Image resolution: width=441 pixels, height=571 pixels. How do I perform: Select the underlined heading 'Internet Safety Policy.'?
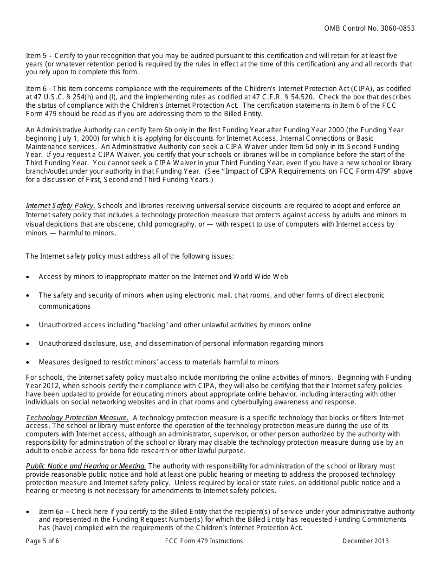pos(61,206)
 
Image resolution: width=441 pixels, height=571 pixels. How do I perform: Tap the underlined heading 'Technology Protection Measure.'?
pos(77,418)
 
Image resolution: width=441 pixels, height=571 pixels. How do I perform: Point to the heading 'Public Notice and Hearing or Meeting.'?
pos(86,466)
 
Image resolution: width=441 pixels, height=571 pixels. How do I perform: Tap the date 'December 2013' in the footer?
pos(366,541)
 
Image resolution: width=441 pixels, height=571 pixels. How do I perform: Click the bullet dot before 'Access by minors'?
pos(28,277)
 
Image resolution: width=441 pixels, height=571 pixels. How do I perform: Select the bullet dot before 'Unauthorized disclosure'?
pos(28,344)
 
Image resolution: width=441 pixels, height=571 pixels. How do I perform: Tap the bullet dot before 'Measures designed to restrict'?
pos(28,363)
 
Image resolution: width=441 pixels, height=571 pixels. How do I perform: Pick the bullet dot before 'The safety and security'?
pos(28,296)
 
